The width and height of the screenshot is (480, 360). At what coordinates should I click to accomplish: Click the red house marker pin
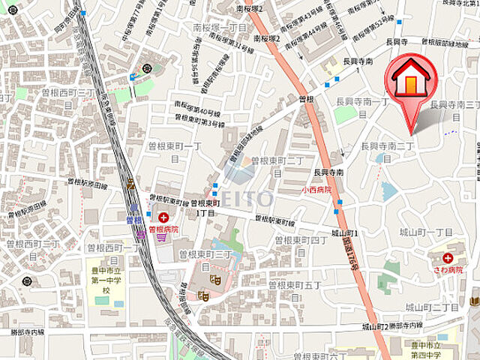coord(411,84)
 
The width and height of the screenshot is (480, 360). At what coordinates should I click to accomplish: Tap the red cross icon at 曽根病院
coord(163,217)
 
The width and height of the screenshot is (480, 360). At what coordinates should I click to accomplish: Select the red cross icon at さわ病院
coord(448,257)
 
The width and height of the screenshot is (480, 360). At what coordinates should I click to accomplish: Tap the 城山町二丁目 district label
coord(432,307)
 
